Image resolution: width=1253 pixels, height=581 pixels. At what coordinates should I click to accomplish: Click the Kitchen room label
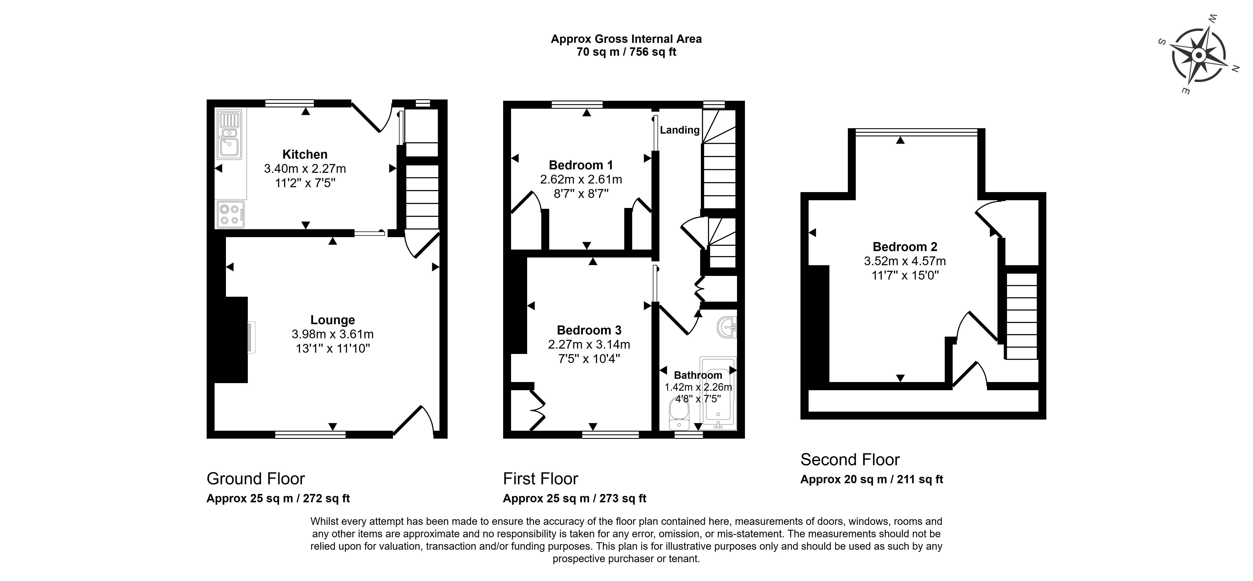[x=305, y=154]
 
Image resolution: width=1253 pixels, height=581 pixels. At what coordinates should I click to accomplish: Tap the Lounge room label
[x=333, y=320]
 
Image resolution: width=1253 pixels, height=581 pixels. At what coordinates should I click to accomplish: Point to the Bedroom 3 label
[x=589, y=330]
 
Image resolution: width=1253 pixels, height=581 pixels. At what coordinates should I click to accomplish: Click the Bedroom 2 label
[x=905, y=247]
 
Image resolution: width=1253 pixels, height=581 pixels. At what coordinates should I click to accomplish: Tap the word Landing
[x=680, y=130]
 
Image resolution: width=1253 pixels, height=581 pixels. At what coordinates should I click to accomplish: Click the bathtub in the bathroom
[x=718, y=394]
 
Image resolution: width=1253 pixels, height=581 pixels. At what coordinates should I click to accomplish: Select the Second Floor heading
[x=850, y=459]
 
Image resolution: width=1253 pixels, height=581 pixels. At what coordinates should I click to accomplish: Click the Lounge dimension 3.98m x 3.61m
[x=333, y=334]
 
